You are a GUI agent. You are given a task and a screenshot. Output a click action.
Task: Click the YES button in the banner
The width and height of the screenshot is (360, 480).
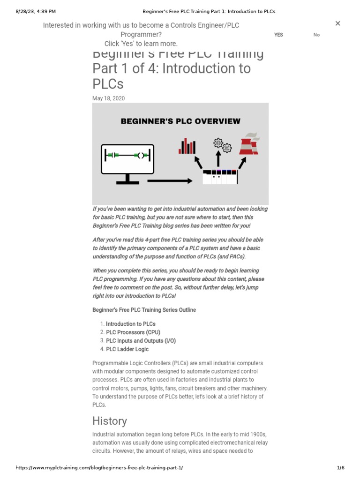pos(278,35)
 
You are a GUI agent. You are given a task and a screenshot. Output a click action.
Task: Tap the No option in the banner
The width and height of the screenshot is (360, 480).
pos(316,35)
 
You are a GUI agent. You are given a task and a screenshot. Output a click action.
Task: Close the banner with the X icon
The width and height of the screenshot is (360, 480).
pos(337,23)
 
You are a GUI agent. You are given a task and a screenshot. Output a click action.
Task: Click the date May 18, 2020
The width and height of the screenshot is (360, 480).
pos(108,98)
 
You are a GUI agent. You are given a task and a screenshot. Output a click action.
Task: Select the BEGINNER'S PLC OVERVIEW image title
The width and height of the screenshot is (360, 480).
pos(180,121)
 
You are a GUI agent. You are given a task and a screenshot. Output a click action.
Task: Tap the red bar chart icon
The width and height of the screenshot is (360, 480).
pos(187,146)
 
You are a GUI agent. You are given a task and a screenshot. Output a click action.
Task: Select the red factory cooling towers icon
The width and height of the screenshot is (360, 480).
pos(249,144)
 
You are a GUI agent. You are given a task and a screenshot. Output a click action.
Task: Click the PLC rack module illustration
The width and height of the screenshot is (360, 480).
pos(220,177)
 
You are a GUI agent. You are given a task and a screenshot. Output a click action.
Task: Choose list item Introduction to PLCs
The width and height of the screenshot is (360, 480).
pos(131,324)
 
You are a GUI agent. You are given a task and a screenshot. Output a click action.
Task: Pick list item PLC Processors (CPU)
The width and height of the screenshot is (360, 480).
pos(133,332)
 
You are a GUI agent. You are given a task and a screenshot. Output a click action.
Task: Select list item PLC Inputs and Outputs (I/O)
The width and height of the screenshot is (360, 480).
pos(141,341)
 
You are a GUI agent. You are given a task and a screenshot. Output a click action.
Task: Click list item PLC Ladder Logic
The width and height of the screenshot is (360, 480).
pos(127,349)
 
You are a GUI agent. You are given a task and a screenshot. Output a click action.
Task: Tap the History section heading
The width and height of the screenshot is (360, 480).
pos(110,421)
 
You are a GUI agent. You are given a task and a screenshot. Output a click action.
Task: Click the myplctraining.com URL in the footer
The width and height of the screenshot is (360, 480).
pos(99,468)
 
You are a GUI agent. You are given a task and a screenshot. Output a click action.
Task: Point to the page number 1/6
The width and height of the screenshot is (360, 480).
pos(340,468)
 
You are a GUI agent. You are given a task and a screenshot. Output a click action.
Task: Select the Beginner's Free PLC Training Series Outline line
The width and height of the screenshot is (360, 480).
pos(144,310)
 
